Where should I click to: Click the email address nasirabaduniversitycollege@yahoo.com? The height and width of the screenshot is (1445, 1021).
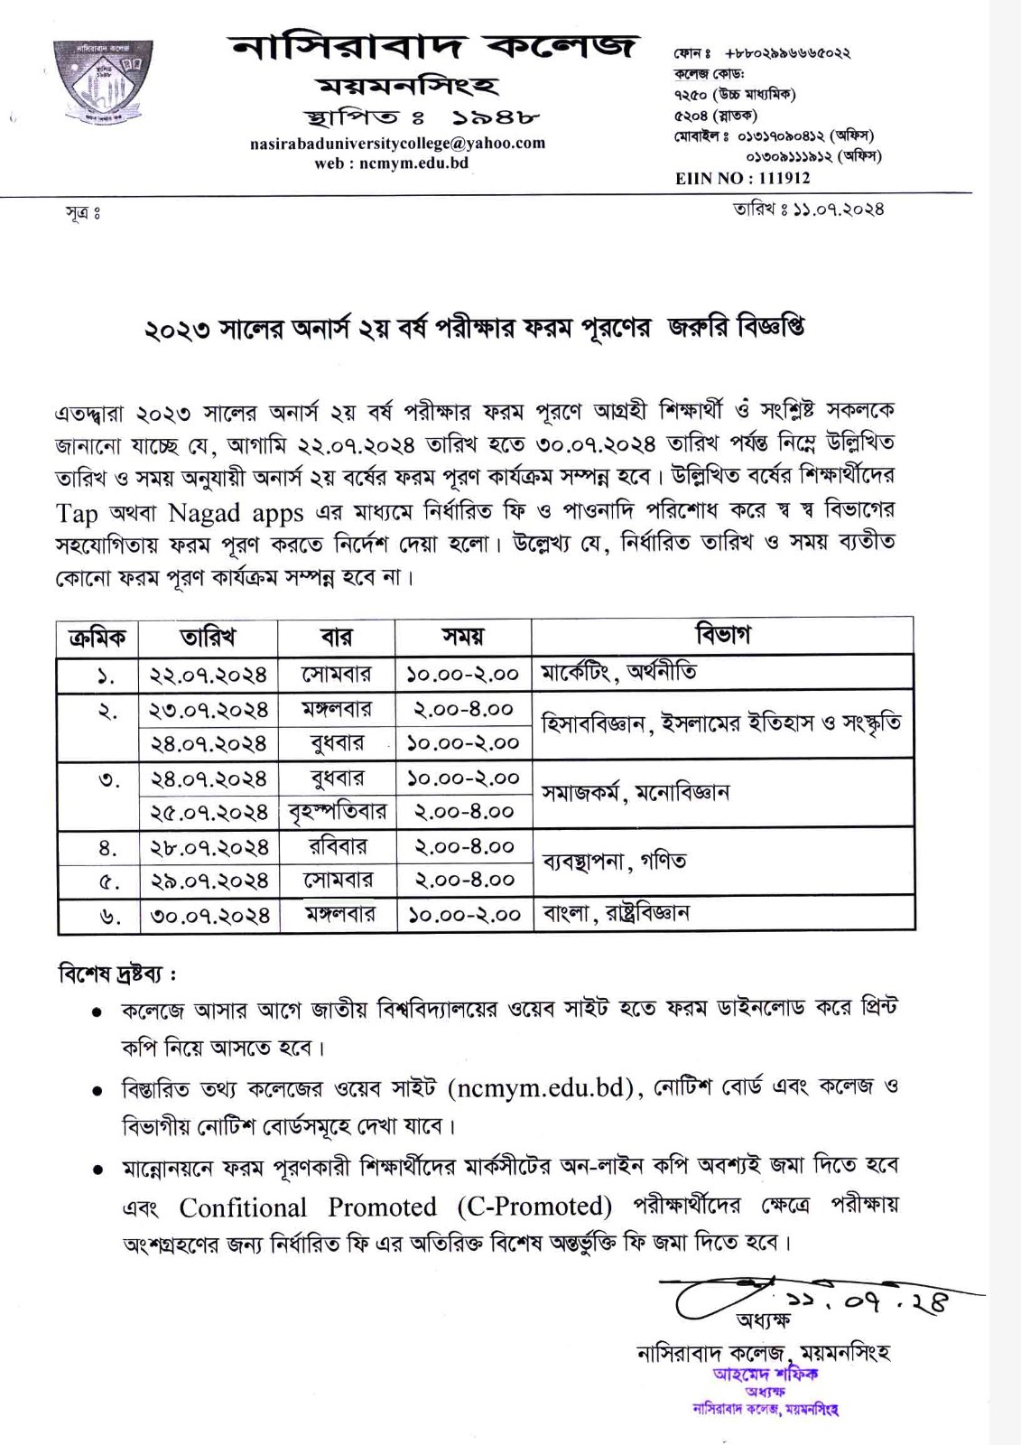pyautogui.click(x=397, y=143)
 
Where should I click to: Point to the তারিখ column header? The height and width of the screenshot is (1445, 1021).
pyautogui.click(x=209, y=638)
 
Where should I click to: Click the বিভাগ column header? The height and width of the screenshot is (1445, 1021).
pyautogui.click(x=722, y=635)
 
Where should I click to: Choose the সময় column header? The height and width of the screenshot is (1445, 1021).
pyautogui.click(x=463, y=638)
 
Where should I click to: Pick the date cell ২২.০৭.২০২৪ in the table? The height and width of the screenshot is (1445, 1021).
pyautogui.click(x=209, y=675)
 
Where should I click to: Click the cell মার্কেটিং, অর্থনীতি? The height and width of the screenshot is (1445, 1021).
pyautogui.click(x=619, y=673)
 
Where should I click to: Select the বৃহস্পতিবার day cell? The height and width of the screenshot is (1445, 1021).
pyautogui.click(x=337, y=811)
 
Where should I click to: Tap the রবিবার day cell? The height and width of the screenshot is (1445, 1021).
pyautogui.click(x=337, y=846)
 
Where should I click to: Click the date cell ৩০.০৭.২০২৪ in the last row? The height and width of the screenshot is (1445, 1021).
pyautogui.click(x=209, y=915)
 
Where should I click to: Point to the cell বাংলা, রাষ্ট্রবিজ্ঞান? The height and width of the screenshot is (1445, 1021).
pyautogui.click(x=617, y=913)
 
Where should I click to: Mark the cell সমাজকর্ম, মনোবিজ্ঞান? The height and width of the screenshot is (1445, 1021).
pyautogui.click(x=636, y=793)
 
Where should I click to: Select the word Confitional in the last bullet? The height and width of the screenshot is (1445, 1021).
pyautogui.click(x=243, y=1207)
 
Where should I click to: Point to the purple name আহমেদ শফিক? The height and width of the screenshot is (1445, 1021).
pyautogui.click(x=765, y=1374)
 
